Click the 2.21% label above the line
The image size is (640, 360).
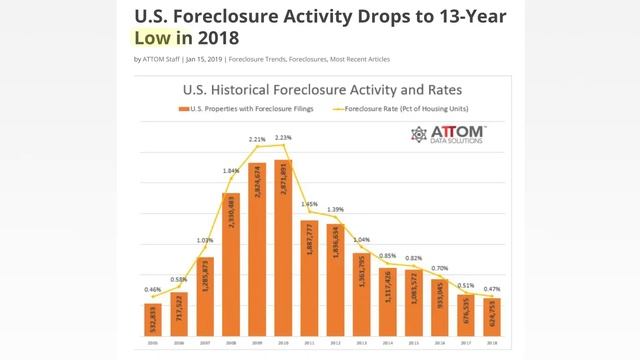tap(257, 139)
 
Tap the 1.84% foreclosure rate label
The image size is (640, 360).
tap(230, 171)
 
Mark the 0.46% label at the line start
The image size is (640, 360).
tap(151, 290)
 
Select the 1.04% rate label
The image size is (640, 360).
tap(362, 240)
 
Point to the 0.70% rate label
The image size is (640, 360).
tap(442, 269)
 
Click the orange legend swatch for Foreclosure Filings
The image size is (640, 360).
tap(183, 108)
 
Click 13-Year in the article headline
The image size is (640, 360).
tap(449, 15)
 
